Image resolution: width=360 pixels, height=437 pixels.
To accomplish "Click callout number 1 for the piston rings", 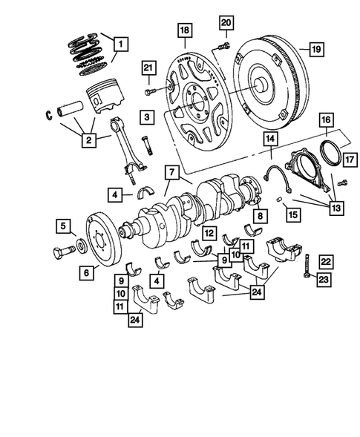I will tap(118, 44).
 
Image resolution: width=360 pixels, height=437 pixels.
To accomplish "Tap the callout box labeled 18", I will tap(184, 30).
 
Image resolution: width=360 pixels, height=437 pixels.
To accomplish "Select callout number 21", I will tap(148, 70).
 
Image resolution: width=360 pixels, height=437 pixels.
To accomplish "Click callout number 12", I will tap(211, 233).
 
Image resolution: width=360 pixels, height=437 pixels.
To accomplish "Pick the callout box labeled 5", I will tap(65, 226).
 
